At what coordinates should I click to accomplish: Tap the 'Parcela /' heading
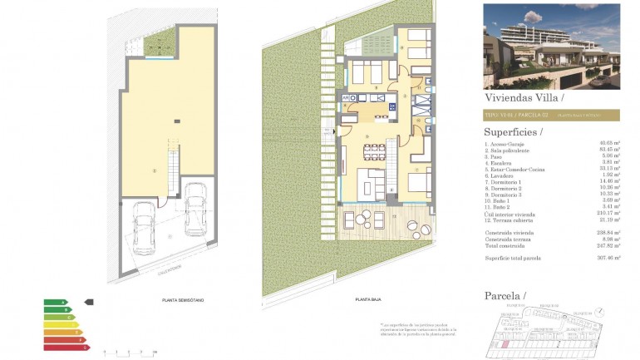[x=505, y=295]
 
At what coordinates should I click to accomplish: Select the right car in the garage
[x=194, y=208]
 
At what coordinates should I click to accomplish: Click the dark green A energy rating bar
[x=56, y=303]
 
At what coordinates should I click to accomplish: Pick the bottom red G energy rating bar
[x=66, y=346]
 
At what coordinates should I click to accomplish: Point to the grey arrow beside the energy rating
[x=90, y=303]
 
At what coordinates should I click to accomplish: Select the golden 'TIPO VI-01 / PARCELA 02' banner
[x=551, y=116]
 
